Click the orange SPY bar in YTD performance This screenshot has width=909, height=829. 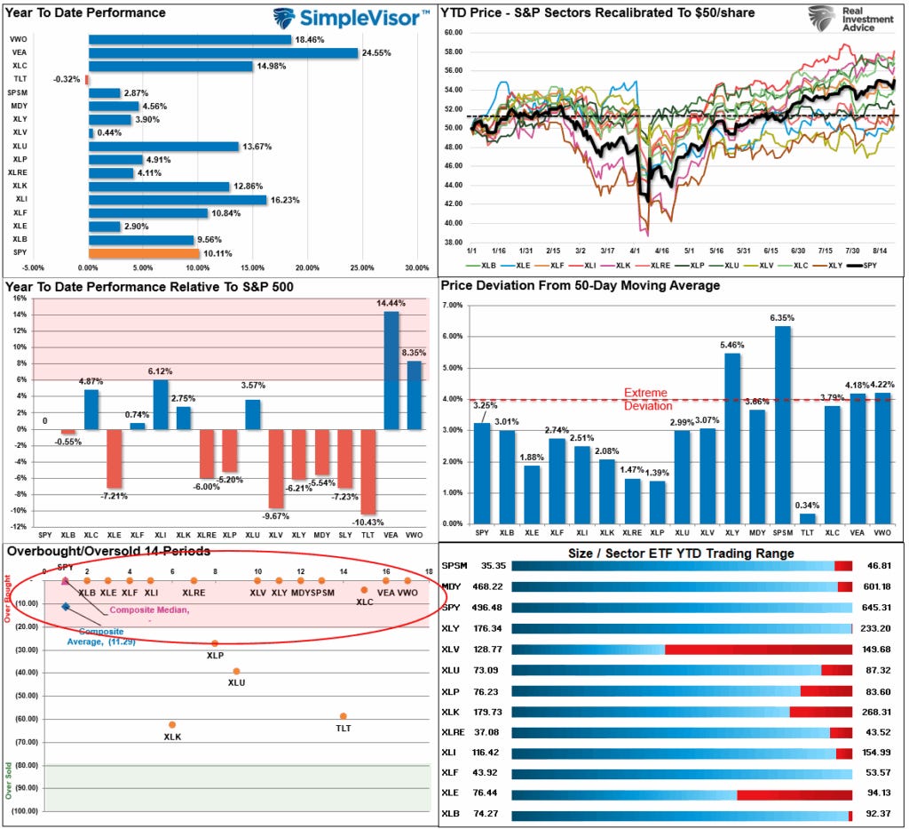click(142, 254)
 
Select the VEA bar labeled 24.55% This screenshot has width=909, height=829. click(222, 53)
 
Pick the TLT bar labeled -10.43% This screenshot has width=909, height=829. click(368, 471)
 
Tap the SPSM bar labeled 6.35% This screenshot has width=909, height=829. click(782, 425)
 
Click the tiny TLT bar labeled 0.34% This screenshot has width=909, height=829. click(808, 518)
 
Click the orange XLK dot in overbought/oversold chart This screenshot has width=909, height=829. click(172, 725)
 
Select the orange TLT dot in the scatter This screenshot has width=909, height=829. click(343, 716)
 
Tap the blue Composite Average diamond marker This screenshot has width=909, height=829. click(66, 607)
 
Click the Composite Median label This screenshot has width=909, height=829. click(149, 610)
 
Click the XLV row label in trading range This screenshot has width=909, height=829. click(452, 649)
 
